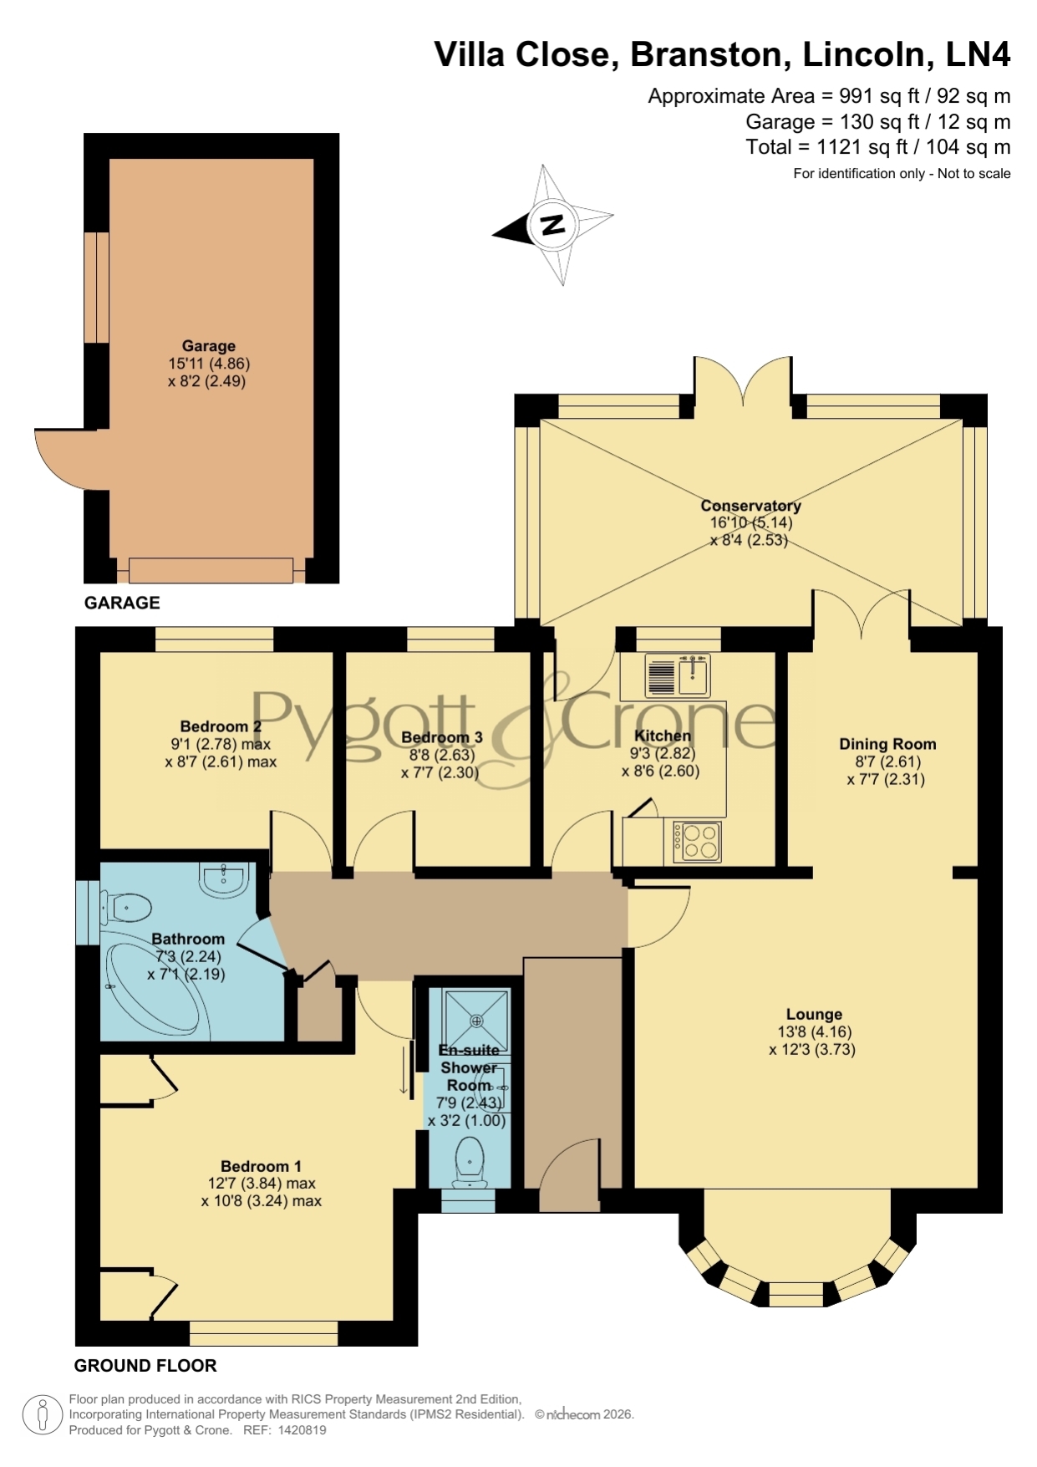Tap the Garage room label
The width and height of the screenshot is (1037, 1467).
pos(209,346)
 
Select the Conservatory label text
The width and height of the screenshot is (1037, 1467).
pos(750,506)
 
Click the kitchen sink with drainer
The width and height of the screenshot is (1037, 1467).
pos(678,675)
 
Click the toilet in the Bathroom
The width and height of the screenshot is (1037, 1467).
pos(126,906)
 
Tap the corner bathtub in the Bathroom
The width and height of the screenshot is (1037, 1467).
pos(155,986)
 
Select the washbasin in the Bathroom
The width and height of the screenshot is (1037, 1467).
pos(224,880)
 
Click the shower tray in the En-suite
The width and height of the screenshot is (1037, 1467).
pos(476,1020)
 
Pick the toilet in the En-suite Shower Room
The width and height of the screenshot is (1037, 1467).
pos(470,1162)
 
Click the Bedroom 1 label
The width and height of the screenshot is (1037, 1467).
pos(261,1166)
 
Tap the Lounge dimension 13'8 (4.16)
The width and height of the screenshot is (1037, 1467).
pos(814,1031)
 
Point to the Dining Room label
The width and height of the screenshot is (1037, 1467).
pos(887,744)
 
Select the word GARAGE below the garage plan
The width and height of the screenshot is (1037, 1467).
pos(122,603)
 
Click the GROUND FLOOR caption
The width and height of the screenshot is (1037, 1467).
pos(145,1366)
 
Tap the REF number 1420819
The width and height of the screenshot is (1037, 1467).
pos(298,1430)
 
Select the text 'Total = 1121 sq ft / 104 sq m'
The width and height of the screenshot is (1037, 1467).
pos(878,148)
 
